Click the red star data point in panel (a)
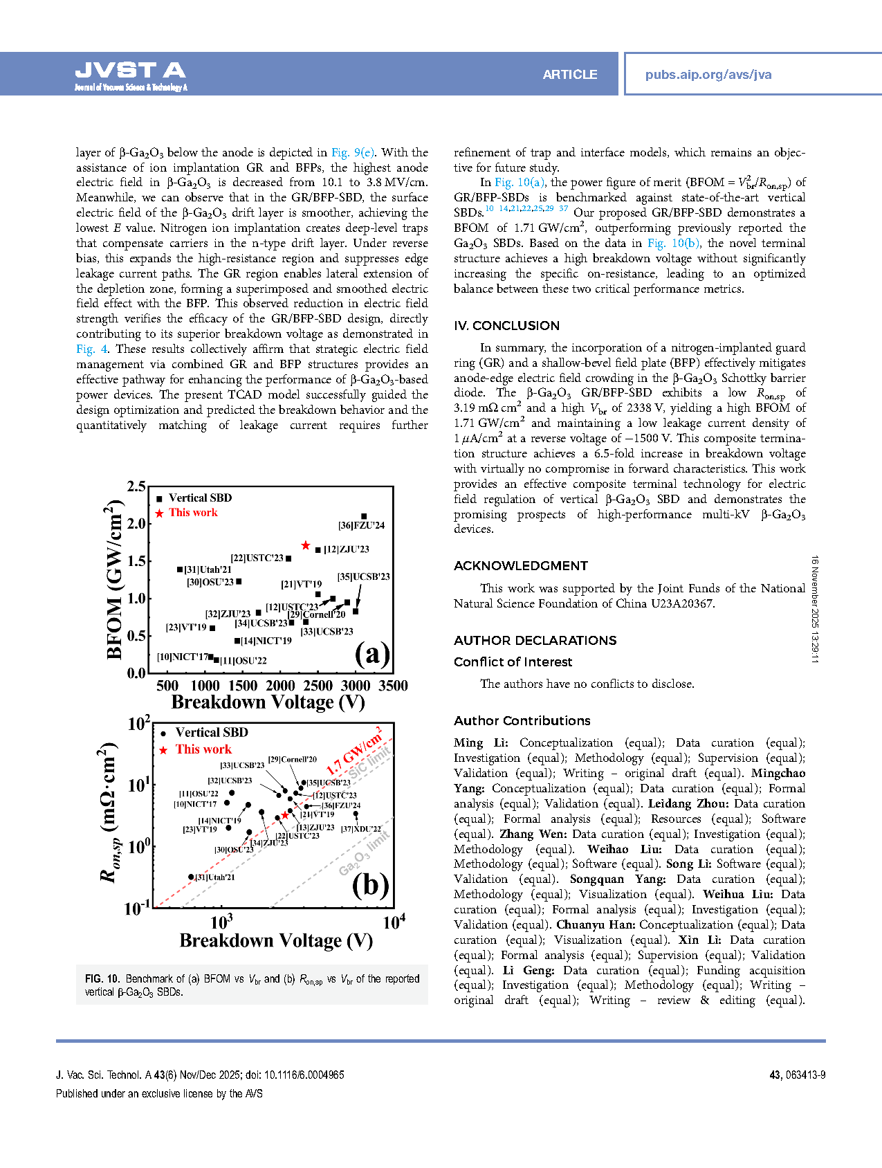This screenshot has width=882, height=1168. (x=306, y=546)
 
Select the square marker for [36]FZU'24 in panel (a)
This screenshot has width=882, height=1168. (x=364, y=516)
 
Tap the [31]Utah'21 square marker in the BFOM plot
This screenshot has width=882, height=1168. (x=180, y=569)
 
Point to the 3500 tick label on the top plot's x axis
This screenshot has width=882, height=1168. (x=393, y=686)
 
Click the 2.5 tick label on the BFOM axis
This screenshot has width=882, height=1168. (x=136, y=486)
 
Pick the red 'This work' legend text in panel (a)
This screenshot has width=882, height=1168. (x=193, y=513)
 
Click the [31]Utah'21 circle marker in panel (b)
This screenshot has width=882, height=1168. (x=192, y=877)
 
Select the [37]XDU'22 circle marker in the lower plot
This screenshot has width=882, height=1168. (x=356, y=814)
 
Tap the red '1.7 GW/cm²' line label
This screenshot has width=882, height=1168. (x=354, y=751)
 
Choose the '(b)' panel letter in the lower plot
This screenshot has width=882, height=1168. (x=370, y=885)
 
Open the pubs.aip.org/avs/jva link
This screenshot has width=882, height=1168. (x=708, y=75)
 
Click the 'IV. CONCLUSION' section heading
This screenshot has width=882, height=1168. (x=506, y=326)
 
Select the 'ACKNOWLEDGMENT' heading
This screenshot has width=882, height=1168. (x=521, y=566)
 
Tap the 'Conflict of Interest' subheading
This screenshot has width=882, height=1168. (x=513, y=662)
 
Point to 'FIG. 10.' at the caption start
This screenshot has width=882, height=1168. (x=102, y=979)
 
